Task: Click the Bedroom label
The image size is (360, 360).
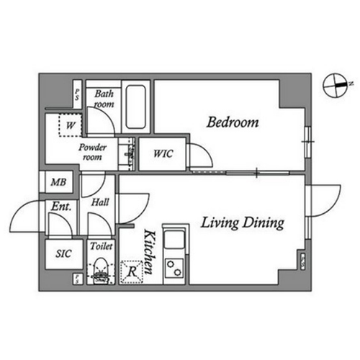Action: click(x=233, y=122)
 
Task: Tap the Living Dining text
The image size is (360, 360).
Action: click(x=243, y=222)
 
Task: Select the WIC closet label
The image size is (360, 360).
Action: click(x=163, y=153)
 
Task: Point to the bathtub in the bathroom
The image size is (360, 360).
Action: click(x=136, y=107)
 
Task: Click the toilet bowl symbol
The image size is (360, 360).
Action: click(x=101, y=271)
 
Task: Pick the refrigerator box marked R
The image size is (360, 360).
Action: click(x=132, y=272)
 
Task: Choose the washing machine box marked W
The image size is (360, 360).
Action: click(x=71, y=125)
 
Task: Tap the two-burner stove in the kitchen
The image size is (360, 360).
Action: click(x=174, y=268)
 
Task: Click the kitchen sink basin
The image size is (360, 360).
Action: click(x=174, y=238)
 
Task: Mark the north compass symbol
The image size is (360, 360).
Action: click(x=336, y=86)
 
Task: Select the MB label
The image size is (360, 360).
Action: click(x=58, y=182)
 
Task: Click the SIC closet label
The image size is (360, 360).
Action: click(x=63, y=253)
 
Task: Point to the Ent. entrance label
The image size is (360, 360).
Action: click(x=61, y=206)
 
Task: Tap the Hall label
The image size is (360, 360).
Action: click(x=100, y=202)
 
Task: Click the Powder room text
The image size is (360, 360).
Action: click(x=92, y=152)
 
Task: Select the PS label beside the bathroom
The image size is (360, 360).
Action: click(x=77, y=94)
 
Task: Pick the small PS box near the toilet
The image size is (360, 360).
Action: click(x=77, y=279)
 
